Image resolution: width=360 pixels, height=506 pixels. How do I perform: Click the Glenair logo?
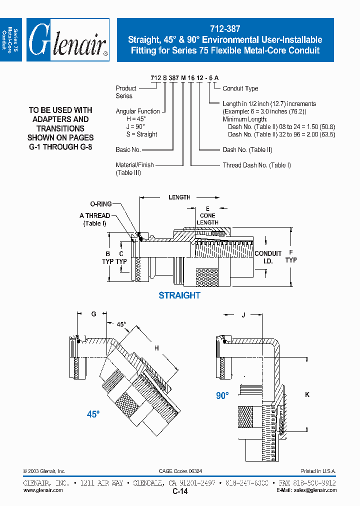(x=67, y=40)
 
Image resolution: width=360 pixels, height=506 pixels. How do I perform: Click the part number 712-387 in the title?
(x=225, y=29)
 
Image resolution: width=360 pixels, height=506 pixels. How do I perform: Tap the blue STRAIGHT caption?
(x=179, y=295)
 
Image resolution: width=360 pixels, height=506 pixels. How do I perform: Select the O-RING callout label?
(x=100, y=204)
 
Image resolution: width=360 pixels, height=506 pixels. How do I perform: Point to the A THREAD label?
(x=94, y=215)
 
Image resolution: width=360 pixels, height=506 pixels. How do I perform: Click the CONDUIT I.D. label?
(x=268, y=257)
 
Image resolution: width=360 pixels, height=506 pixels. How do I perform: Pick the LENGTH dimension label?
(x=179, y=197)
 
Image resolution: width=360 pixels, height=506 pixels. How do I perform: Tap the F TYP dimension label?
(x=291, y=256)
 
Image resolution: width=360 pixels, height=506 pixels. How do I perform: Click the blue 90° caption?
(x=222, y=395)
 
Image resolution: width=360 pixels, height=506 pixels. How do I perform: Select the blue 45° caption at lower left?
(x=93, y=414)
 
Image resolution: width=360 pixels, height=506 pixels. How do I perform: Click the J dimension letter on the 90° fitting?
(x=243, y=315)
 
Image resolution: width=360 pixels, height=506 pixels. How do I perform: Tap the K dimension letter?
(x=307, y=394)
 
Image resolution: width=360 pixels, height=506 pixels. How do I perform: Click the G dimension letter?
(x=93, y=313)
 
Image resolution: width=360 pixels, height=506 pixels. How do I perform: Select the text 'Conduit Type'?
(x=240, y=88)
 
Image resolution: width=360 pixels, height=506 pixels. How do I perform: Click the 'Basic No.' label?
(x=128, y=149)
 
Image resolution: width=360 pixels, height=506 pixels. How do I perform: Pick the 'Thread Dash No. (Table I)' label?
(x=256, y=165)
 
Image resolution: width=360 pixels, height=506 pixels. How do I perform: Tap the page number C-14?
(x=180, y=492)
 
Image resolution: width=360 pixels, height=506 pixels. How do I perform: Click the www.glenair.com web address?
(x=43, y=490)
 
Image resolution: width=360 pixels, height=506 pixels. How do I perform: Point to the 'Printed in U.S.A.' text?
(x=318, y=471)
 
